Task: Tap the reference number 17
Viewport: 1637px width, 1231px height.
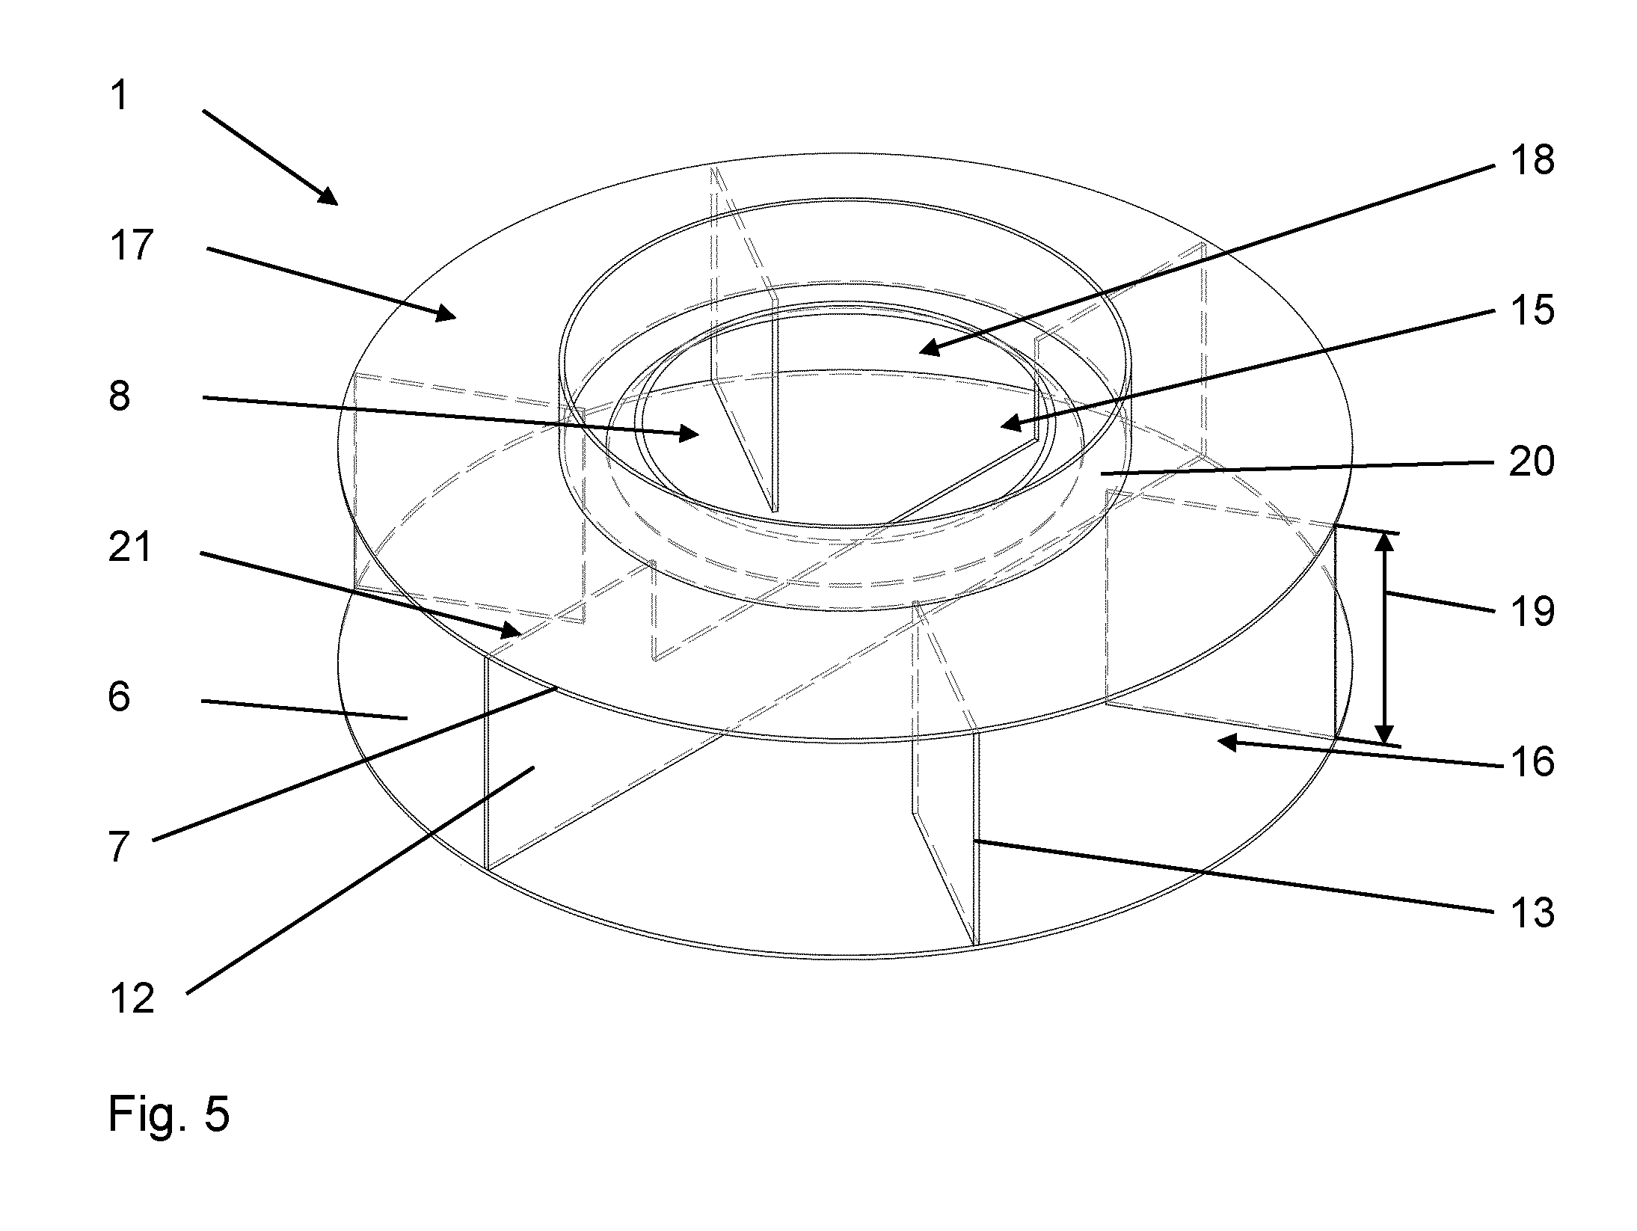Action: pyautogui.click(x=132, y=245)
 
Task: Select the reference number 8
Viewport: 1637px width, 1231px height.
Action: pyautogui.click(x=120, y=396)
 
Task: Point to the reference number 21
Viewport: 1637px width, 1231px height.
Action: pyautogui.click(x=130, y=547)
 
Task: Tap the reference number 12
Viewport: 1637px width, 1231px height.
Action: pyautogui.click(x=132, y=998)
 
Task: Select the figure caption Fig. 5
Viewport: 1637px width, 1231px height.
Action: pyautogui.click(x=169, y=1114)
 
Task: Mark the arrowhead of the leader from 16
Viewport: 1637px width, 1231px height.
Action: pyautogui.click(x=1226, y=741)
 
